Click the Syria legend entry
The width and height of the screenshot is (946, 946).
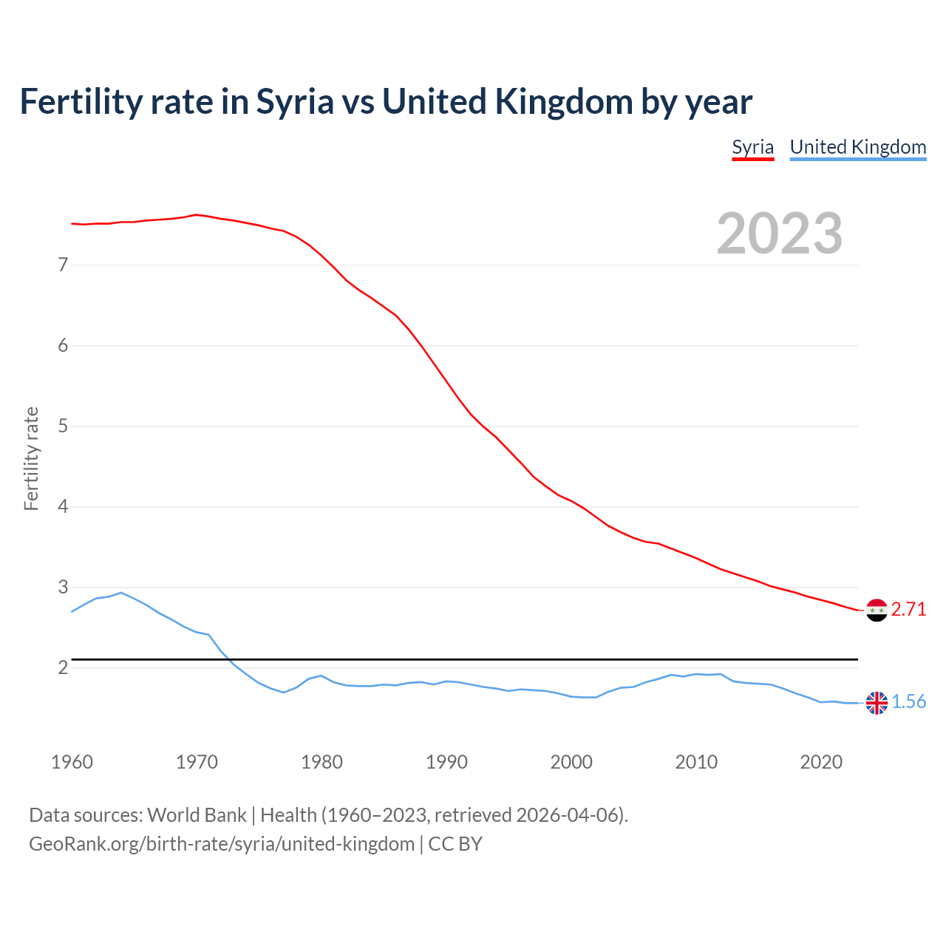click(x=752, y=147)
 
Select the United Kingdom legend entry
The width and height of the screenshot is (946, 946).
click(x=857, y=147)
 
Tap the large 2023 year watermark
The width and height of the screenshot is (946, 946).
click(x=780, y=234)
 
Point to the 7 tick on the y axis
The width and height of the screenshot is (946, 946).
click(x=63, y=265)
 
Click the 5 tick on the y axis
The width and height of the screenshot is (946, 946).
click(x=63, y=426)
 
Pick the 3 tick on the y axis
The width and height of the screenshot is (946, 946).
click(x=63, y=587)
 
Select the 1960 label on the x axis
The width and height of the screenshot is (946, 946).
click(x=72, y=762)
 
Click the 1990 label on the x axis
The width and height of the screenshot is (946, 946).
click(x=446, y=762)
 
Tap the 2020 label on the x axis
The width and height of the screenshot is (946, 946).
click(x=821, y=762)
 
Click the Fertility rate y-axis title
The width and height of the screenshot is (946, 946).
click(x=31, y=458)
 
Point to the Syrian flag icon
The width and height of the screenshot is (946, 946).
click(x=877, y=610)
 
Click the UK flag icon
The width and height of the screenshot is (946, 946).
click(x=877, y=703)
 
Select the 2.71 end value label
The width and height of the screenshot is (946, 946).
click(x=908, y=609)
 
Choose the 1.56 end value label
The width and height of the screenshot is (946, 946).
click(x=908, y=701)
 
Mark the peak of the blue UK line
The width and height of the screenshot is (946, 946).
click(x=121, y=593)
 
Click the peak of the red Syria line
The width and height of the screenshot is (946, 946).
click(x=196, y=215)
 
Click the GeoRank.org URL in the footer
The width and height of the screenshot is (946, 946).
click(x=222, y=844)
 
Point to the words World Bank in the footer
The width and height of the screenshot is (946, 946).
click(x=197, y=815)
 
